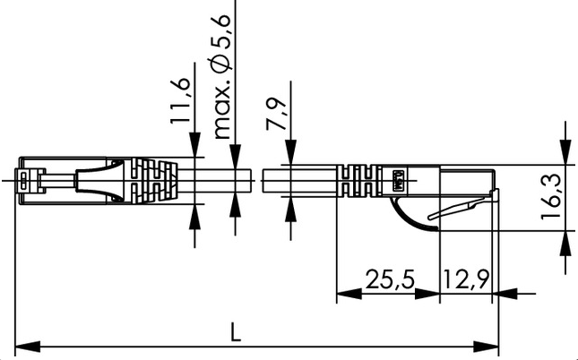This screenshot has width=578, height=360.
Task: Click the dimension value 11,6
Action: coord(180,100)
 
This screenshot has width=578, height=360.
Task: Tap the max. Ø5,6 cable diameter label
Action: coord(222,77)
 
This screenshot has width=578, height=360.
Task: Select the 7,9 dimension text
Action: coord(277,114)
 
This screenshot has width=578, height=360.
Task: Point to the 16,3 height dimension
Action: coord(551,196)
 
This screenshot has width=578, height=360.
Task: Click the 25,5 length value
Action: coord(390,279)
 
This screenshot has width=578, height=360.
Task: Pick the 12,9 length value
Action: coord(466,279)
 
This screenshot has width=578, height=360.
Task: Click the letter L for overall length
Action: coord(235,331)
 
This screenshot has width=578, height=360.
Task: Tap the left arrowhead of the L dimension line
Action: coord(27,347)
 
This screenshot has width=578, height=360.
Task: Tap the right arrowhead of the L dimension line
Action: coord(486,347)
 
